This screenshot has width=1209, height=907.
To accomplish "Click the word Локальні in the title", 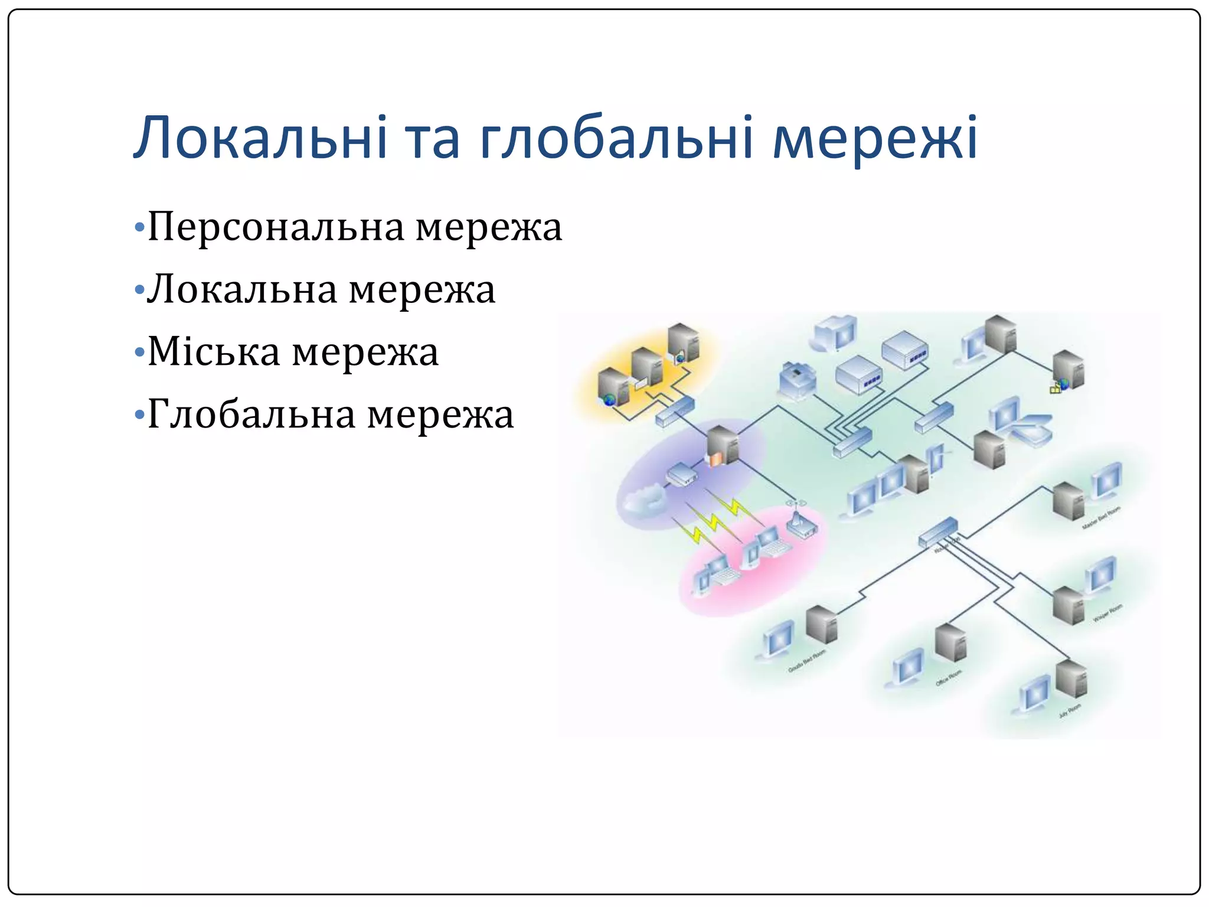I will tap(260, 138).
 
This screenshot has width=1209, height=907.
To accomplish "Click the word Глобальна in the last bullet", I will tap(251, 415).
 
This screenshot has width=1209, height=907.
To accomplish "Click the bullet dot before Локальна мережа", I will tap(139, 290).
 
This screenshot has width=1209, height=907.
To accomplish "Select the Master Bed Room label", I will tap(1100, 518).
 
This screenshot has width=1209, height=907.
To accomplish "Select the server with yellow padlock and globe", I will tap(1068, 371).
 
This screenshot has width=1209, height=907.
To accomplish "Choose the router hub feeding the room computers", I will tap(938, 531).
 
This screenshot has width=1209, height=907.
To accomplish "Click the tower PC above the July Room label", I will tap(1071, 680).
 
